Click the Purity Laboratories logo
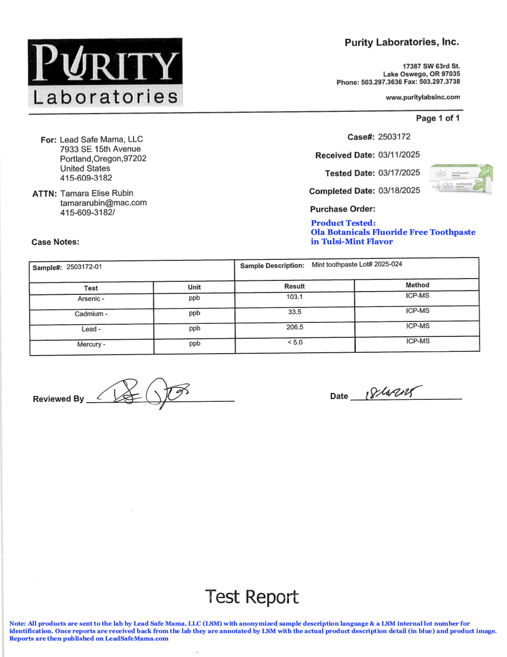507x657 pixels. pos(105,72)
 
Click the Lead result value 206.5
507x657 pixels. pos(295,328)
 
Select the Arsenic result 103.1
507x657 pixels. pos(295,297)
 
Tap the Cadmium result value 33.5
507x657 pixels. pos(295,312)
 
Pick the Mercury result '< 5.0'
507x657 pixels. pos(295,342)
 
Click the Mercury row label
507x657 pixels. pos(91,344)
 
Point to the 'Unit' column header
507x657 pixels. pos(194,287)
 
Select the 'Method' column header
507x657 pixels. pos(417,285)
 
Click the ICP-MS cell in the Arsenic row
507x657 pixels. pos(417,296)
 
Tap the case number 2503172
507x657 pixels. pos(394,137)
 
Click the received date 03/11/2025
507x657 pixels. pos(399,155)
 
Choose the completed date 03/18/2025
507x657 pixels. pos(399,191)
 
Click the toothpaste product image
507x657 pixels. pos(462,179)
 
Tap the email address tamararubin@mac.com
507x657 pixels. pos(103,203)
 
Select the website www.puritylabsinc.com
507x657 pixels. pos(422,98)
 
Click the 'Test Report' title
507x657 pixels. pos(252,597)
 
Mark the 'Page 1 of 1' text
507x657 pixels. pos(437,119)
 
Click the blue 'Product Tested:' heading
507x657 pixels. pos(343,223)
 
